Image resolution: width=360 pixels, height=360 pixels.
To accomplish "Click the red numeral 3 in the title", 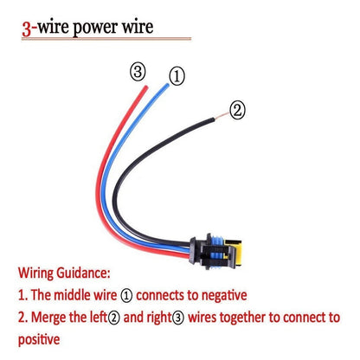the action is [27, 29].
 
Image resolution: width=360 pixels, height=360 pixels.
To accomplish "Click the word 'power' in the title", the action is [95, 28].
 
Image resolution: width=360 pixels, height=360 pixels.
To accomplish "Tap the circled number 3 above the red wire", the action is [138, 72].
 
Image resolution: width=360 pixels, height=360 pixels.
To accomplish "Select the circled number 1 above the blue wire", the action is [177, 76].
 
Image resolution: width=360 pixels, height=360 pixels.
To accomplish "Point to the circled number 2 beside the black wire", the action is [237, 110].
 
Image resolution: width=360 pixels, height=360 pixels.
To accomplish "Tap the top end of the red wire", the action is [145, 87].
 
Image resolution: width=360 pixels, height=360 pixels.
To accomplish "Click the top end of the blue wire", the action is [167, 85].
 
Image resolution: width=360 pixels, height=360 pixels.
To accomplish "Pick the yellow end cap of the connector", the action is [236, 252].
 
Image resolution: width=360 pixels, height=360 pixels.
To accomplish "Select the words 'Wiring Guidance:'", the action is [64, 273].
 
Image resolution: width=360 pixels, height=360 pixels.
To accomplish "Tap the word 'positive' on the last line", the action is [39, 339].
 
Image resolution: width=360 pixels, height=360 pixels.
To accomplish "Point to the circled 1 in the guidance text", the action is [126, 296].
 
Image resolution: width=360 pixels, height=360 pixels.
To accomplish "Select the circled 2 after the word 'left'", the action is [114, 318].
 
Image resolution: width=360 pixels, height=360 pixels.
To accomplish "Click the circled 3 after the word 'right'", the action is [177, 318].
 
